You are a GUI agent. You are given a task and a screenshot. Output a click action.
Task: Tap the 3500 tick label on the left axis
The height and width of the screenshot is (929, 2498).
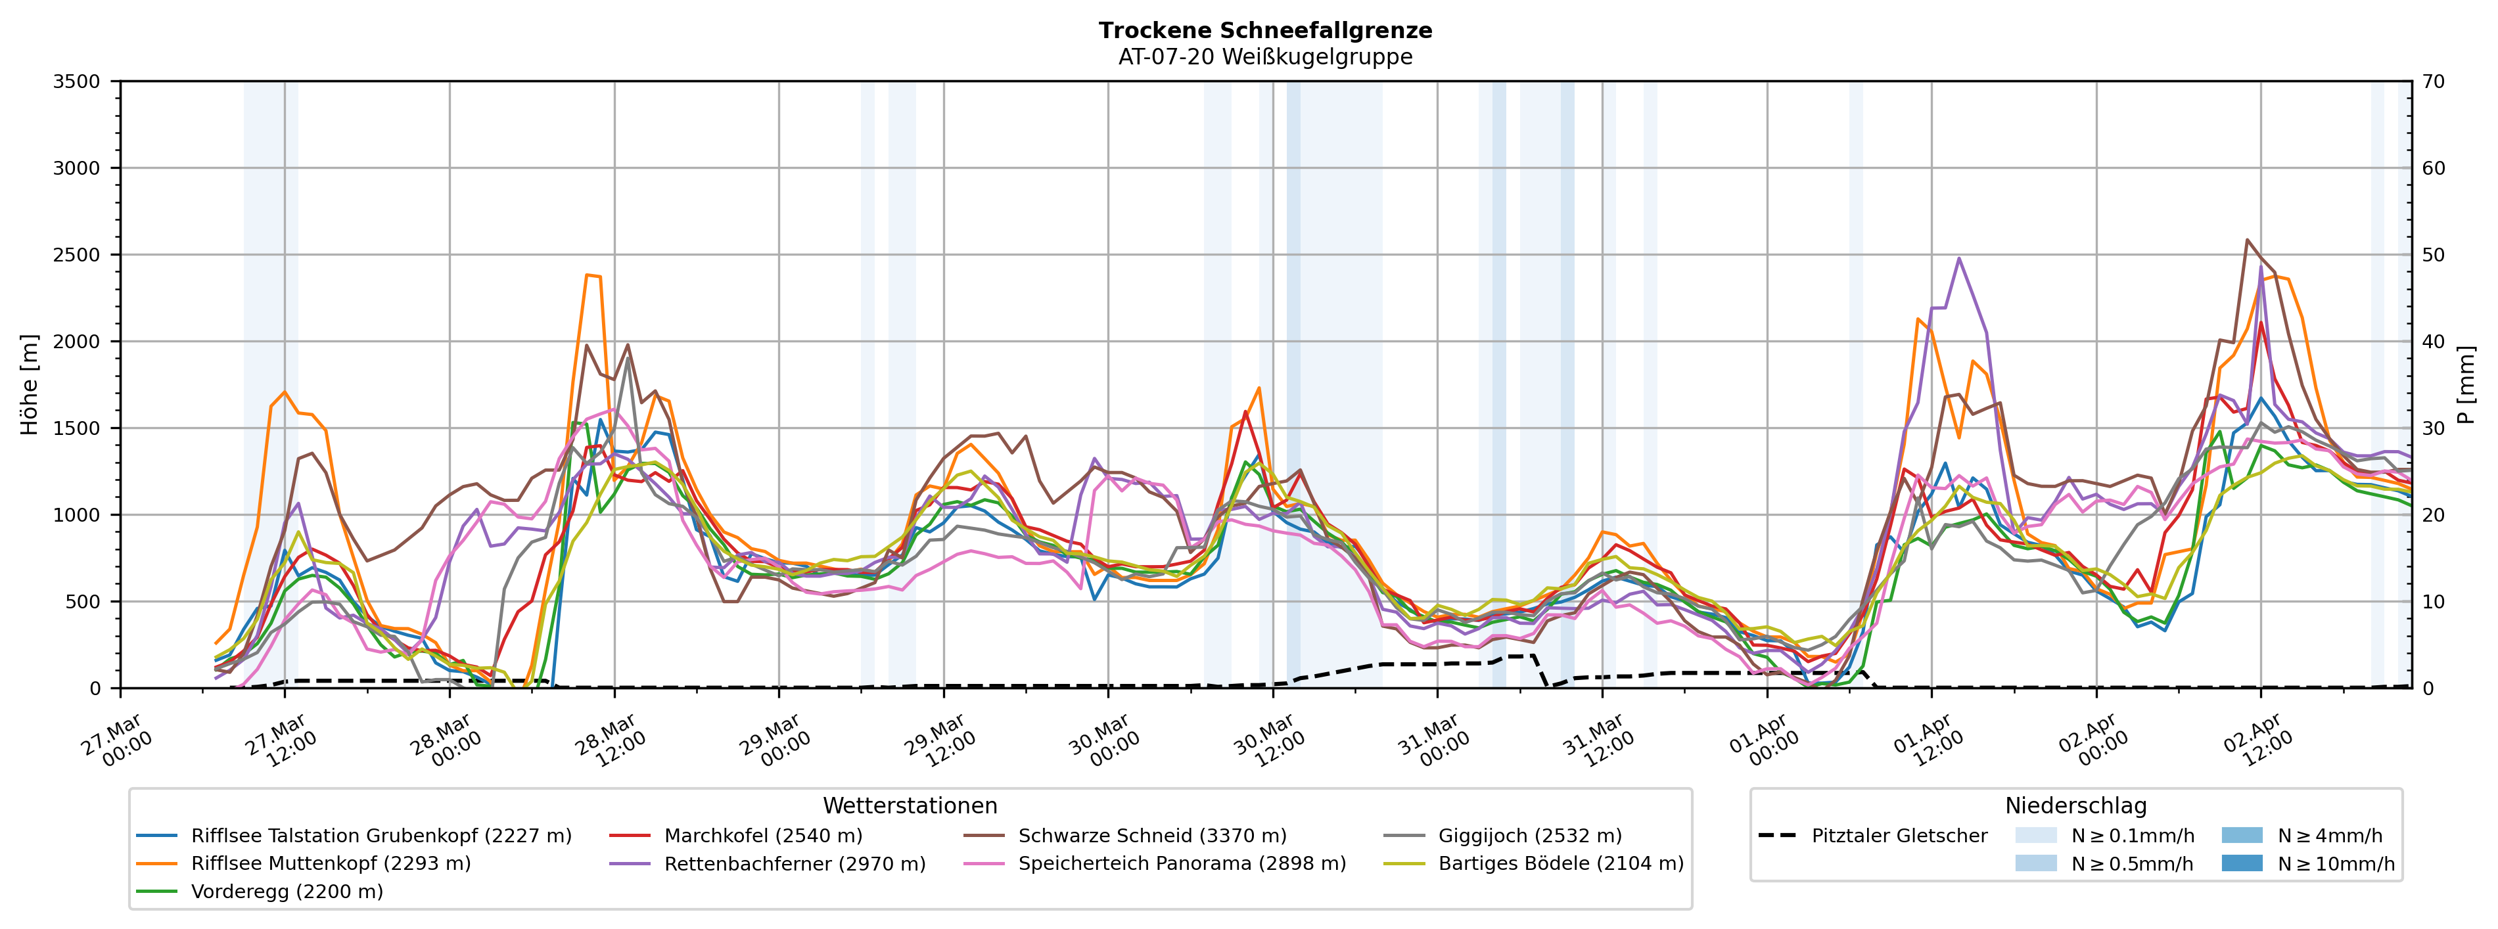point(77,81)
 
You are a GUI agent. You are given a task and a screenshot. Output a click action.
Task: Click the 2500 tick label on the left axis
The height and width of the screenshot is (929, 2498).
point(77,255)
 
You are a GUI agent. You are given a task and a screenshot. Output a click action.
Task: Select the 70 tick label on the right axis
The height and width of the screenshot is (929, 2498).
point(2433,81)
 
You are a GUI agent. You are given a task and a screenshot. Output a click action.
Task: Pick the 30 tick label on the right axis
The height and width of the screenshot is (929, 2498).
point(2433,428)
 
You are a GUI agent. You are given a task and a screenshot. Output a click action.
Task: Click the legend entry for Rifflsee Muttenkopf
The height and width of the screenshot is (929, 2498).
point(330,863)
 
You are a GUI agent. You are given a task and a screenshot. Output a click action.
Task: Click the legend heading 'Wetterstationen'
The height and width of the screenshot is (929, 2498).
point(910,806)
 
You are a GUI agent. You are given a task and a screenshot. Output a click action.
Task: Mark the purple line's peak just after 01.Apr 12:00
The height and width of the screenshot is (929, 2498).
point(1959,258)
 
